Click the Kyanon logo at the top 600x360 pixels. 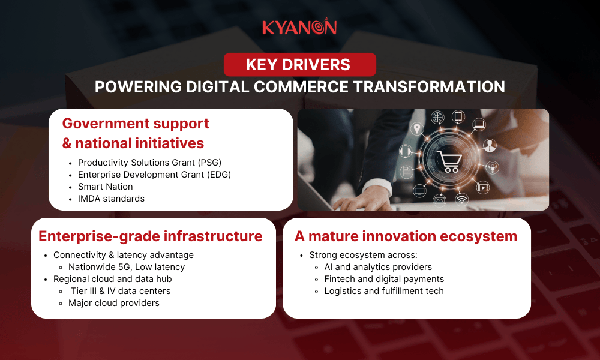pos(299,28)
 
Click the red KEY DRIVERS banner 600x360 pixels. pos(299,64)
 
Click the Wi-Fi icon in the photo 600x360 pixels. pos(461,199)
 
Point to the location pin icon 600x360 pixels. pos(416,129)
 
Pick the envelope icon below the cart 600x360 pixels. pos(439,199)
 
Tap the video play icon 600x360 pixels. pos(483,187)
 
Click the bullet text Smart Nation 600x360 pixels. pos(106,187)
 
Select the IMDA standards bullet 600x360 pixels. pos(111,199)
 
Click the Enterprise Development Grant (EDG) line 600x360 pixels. pos(154,175)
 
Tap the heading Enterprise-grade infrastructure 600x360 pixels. pos(151,236)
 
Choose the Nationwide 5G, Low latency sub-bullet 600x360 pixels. pos(127,267)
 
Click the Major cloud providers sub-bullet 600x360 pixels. pos(114,303)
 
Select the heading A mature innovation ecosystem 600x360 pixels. pos(406,236)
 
